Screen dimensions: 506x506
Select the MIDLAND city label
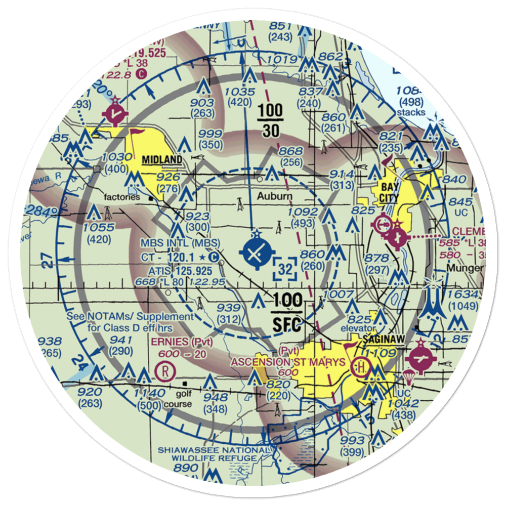pos(161,160)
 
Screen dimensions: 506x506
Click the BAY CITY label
pos(390,192)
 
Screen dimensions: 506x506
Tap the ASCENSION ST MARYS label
pos(288,362)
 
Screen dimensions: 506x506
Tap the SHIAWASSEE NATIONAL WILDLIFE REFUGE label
pos(213,454)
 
